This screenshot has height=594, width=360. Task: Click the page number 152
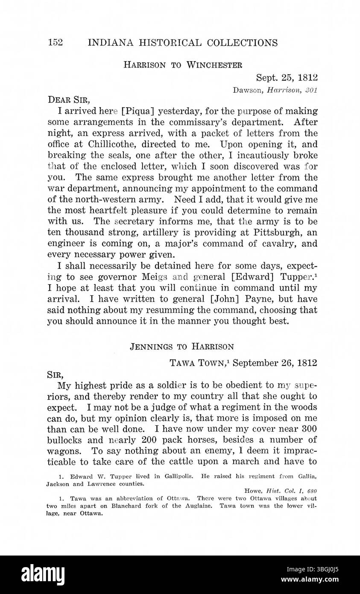click(x=56, y=43)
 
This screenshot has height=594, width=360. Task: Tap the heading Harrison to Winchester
click(x=183, y=65)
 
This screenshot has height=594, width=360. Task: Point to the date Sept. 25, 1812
click(x=287, y=78)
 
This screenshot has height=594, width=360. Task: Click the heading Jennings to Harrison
click(x=181, y=347)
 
